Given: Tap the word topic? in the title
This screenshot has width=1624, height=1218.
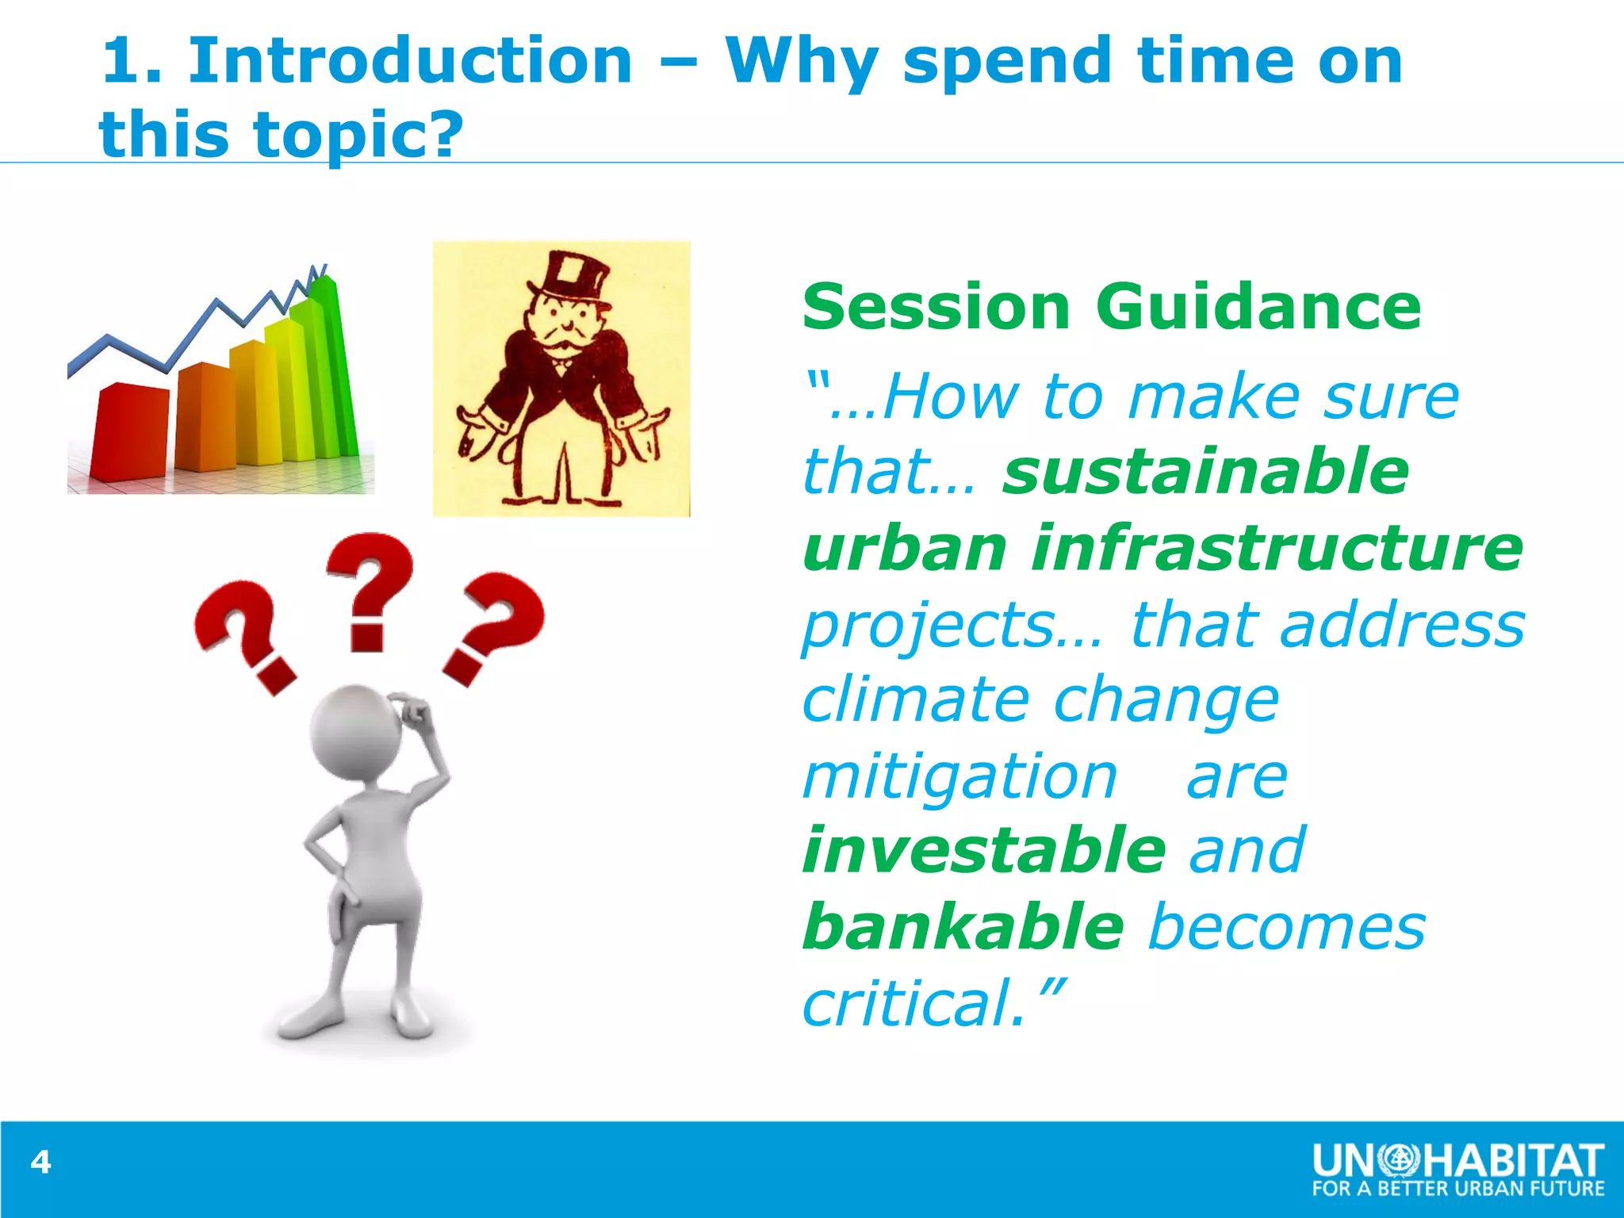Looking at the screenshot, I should [358, 135].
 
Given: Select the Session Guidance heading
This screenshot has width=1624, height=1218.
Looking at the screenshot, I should [1112, 308].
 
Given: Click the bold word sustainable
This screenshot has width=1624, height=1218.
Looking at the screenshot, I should [1205, 471].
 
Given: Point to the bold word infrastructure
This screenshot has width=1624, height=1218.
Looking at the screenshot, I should [1277, 548].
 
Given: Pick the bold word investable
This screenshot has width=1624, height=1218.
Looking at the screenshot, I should [983, 850].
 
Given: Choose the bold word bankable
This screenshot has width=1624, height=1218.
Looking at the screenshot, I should [963, 926].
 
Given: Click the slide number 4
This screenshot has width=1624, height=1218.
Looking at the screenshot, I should [40, 1162].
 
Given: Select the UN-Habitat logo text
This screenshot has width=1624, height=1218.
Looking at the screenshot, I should [1457, 1161].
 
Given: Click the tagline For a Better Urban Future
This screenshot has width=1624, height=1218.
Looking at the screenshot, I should [1457, 1189].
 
